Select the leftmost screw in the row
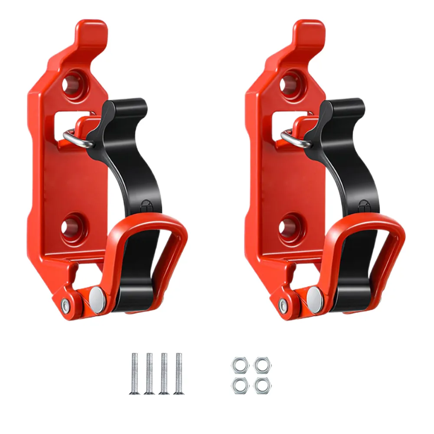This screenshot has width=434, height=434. pyautogui.click(x=134, y=373)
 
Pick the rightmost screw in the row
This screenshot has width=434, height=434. pyautogui.click(x=177, y=373)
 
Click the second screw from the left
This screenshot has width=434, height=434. pyautogui.click(x=149, y=373)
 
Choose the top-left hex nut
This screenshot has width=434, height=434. pyautogui.click(x=237, y=365)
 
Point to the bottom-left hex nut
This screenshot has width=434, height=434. pyautogui.click(x=237, y=385)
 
